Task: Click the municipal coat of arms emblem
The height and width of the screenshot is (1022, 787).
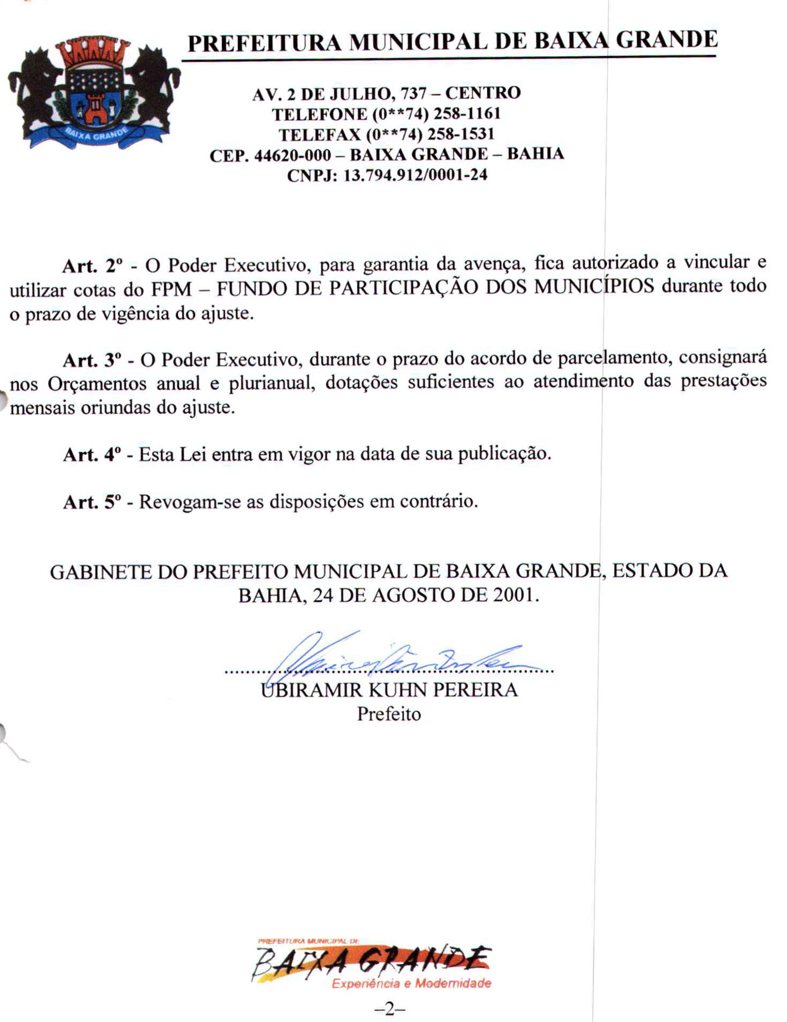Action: click(94, 93)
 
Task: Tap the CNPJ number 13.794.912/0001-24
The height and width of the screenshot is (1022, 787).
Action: click(414, 175)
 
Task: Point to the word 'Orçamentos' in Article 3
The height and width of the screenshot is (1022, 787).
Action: click(97, 385)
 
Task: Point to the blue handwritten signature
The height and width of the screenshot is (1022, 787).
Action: click(393, 657)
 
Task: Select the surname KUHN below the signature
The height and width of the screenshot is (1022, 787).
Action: click(397, 690)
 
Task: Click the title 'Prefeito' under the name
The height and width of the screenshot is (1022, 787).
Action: click(389, 714)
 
